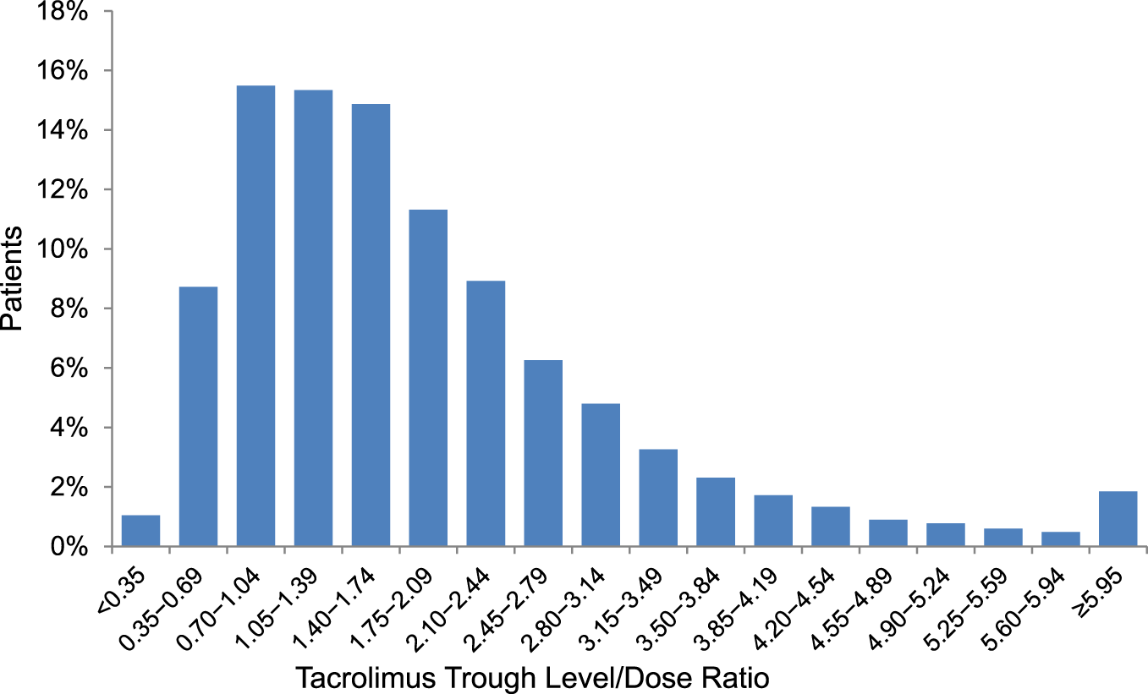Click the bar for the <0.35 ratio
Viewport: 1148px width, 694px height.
click(x=140, y=531)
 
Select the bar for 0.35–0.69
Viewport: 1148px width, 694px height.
click(x=198, y=417)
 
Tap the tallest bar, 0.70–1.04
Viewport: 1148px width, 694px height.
click(x=255, y=316)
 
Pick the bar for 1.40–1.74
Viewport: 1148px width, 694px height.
click(x=371, y=325)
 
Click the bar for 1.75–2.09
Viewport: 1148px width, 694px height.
click(x=428, y=378)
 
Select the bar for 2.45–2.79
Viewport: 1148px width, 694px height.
click(x=543, y=453)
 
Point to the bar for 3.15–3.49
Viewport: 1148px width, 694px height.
click(x=658, y=498)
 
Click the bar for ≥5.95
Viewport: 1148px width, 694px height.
click(x=1118, y=519)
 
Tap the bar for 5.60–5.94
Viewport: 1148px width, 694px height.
click(x=1060, y=539)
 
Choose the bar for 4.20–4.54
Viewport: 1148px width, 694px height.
click(x=830, y=527)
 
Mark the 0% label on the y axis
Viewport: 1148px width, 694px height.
click(x=71, y=547)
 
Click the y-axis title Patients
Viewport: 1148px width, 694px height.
click(x=14, y=279)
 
